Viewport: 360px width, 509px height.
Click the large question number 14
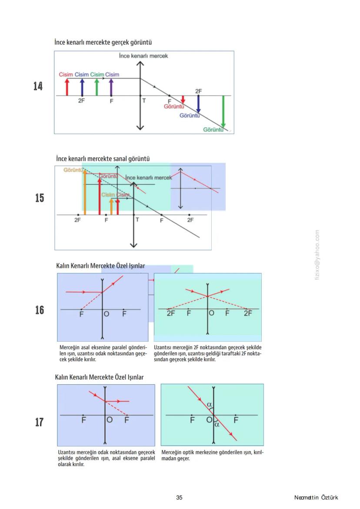tap(38, 86)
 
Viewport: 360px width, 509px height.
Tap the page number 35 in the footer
tap(179, 497)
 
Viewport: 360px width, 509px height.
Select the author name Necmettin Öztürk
tap(316, 497)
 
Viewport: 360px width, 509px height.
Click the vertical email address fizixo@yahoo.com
tap(317, 255)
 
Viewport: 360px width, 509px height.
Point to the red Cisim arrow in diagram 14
tap(67, 86)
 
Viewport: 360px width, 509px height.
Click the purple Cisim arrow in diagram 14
tap(111, 86)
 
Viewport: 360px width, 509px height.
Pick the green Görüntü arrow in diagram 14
tap(223, 112)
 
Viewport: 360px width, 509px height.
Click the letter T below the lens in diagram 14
tap(144, 101)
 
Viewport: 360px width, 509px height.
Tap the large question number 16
tap(39, 310)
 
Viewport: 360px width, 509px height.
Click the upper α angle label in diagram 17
tap(210, 405)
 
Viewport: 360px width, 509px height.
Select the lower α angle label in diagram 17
tap(217, 425)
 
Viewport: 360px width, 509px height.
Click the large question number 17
tap(39, 422)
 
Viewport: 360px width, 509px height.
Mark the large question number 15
tap(39, 198)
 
